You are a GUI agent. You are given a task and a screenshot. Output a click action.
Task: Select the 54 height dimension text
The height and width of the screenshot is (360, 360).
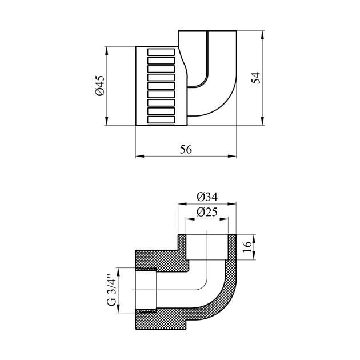pos(257,78)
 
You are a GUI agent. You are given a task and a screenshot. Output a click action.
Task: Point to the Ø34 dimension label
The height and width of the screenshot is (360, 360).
pos(207,197)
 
